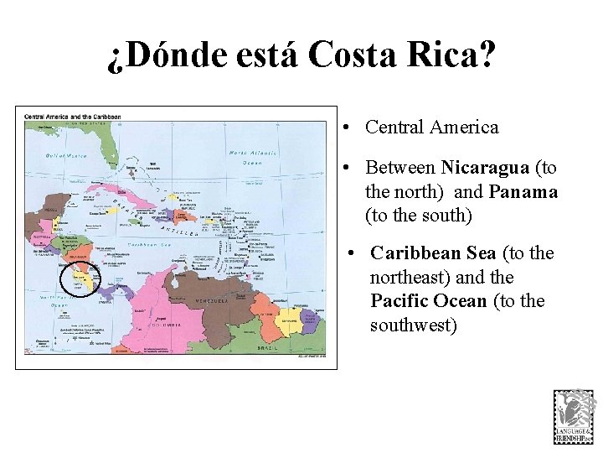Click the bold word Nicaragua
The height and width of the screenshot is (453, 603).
[485, 168]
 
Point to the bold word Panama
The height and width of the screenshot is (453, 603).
[523, 192]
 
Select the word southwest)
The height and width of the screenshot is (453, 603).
[413, 325]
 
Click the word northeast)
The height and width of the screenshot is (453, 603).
[410, 277]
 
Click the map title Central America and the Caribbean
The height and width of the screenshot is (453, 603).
[73, 116]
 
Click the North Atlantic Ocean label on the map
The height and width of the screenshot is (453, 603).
[253, 157]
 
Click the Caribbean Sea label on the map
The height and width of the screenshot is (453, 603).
[148, 244]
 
